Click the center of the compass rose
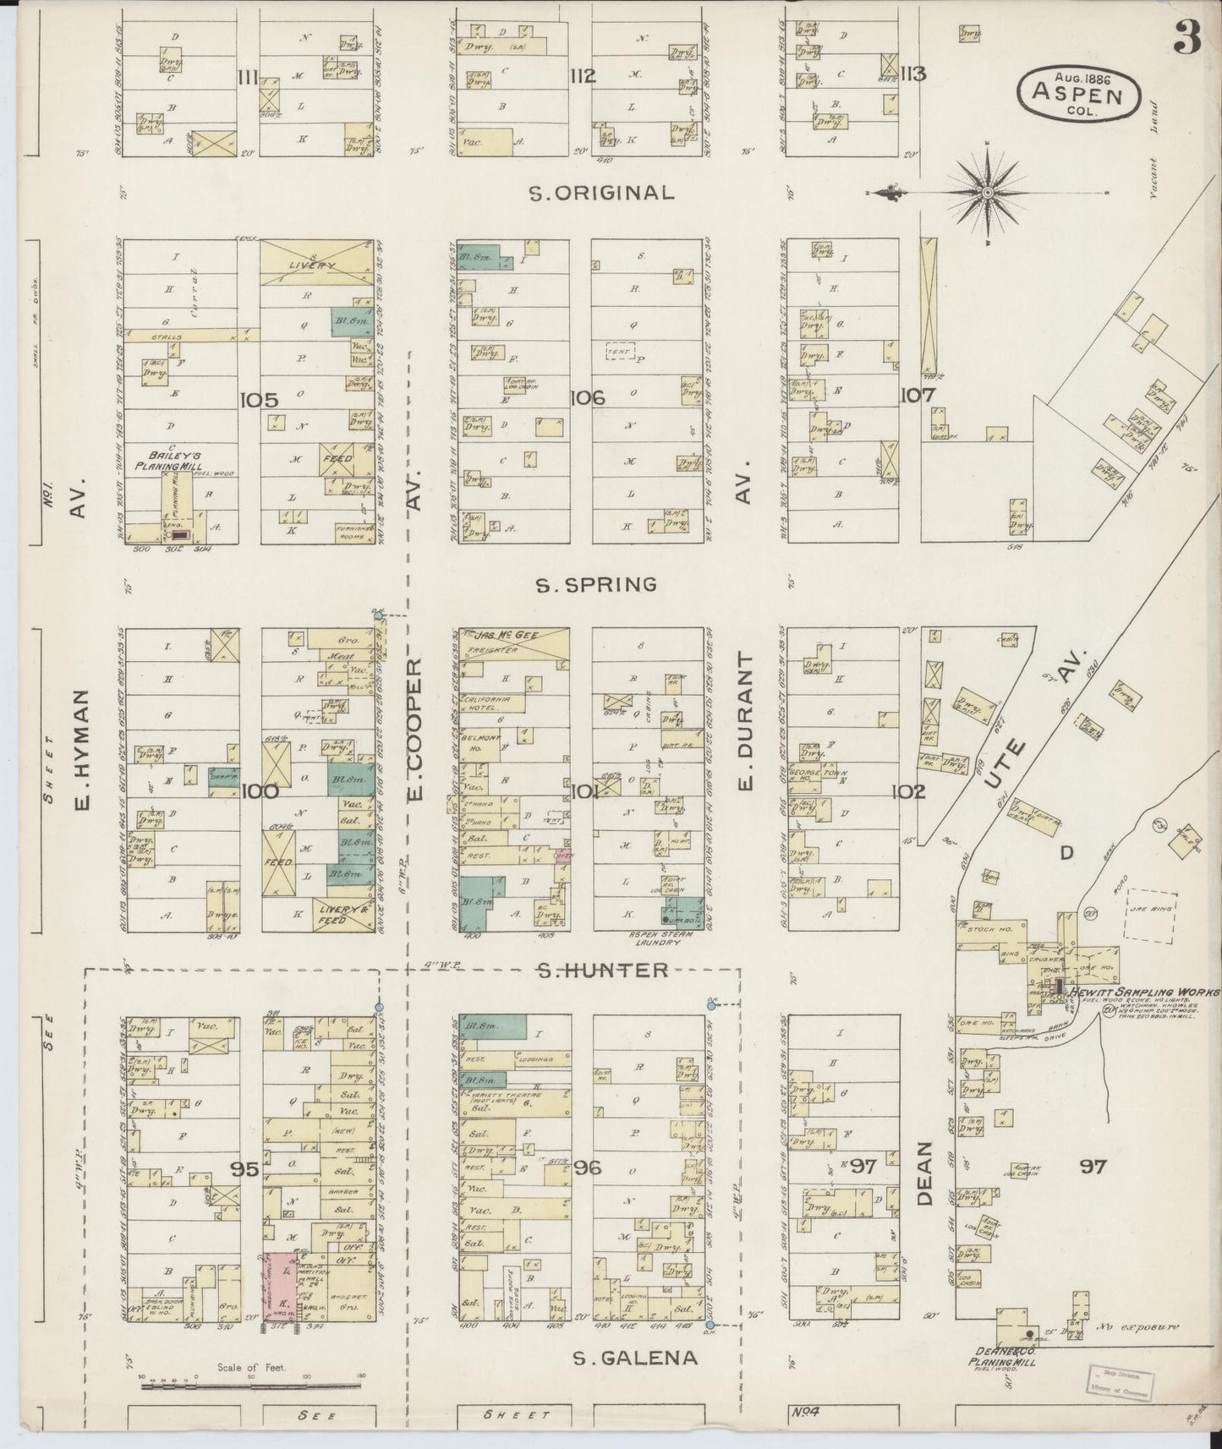(988, 193)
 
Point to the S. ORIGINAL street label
(601, 193)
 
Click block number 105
(259, 400)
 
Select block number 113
(913, 74)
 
